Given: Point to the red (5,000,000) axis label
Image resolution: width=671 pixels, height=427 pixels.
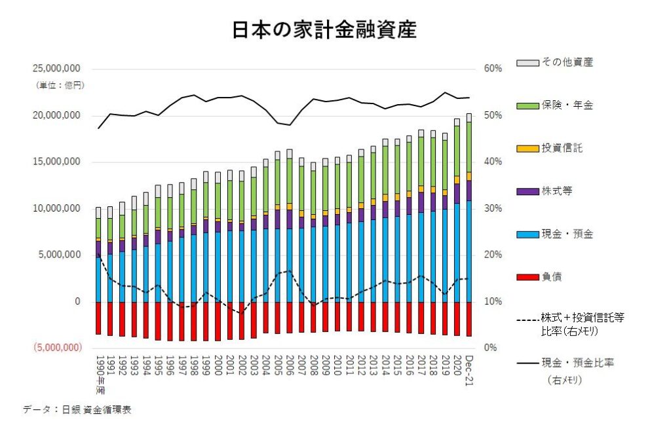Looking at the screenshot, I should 54,348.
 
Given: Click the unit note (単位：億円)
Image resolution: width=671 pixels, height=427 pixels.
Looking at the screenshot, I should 60,86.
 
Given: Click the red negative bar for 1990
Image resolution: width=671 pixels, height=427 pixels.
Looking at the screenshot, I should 98,318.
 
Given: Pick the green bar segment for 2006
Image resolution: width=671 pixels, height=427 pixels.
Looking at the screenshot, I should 289,181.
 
